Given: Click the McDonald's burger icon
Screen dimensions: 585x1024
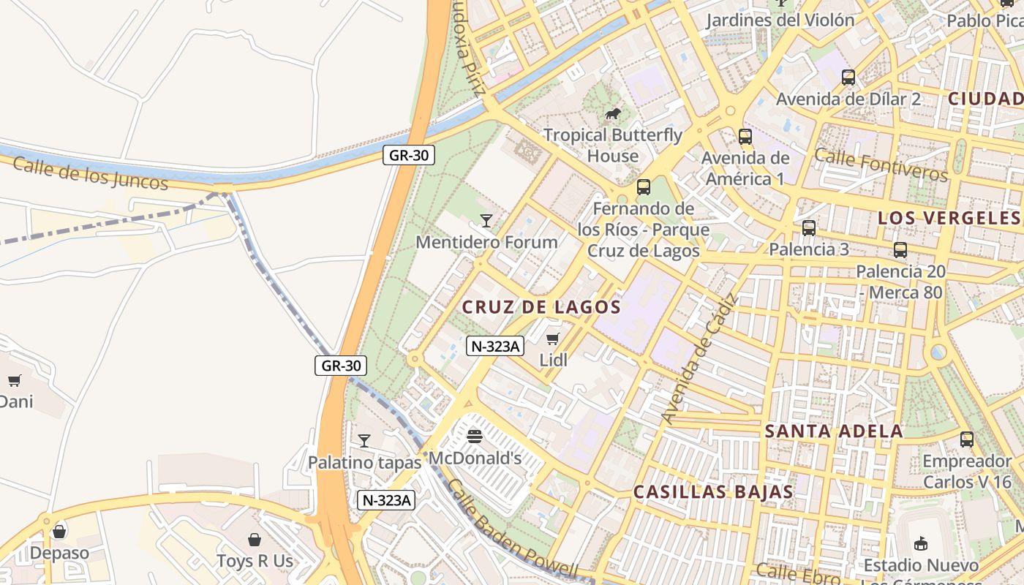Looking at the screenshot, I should pyautogui.click(x=475, y=437).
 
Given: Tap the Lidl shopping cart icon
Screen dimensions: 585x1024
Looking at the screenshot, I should pyautogui.click(x=553, y=339).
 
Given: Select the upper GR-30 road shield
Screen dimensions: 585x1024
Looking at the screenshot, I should pyautogui.click(x=409, y=155).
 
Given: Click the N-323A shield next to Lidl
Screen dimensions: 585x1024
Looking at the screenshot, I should pyautogui.click(x=494, y=346).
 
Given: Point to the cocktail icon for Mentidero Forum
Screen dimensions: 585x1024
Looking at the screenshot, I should pyautogui.click(x=486, y=220).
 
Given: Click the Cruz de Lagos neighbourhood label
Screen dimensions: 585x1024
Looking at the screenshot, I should pyautogui.click(x=541, y=308).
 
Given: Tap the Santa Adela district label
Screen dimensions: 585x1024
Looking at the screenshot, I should pyautogui.click(x=834, y=431).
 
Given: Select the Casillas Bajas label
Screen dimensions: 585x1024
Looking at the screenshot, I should pyautogui.click(x=713, y=492).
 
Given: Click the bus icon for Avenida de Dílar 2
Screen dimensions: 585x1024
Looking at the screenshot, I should pyautogui.click(x=848, y=77).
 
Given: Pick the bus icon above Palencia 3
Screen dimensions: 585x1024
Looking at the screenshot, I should pyautogui.click(x=809, y=227).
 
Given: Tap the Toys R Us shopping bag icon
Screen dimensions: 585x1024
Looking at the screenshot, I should pyautogui.click(x=255, y=540).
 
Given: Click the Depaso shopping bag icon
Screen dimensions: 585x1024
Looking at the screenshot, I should pyautogui.click(x=59, y=531).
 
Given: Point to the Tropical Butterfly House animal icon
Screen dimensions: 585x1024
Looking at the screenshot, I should pyautogui.click(x=613, y=113).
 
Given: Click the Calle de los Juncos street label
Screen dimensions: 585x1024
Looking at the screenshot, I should pyautogui.click(x=90, y=173).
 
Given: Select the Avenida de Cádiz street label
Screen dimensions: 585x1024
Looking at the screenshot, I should pyautogui.click(x=700, y=358).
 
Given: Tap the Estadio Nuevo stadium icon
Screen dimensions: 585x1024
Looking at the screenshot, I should pyautogui.click(x=921, y=543).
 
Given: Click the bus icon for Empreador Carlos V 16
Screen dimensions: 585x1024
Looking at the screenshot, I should pyautogui.click(x=967, y=439).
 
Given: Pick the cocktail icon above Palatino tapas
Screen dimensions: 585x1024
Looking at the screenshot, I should pyautogui.click(x=364, y=440).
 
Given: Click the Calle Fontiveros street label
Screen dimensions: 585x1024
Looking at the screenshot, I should pyautogui.click(x=881, y=165).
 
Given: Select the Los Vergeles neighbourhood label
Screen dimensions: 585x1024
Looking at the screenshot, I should pyautogui.click(x=948, y=218).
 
